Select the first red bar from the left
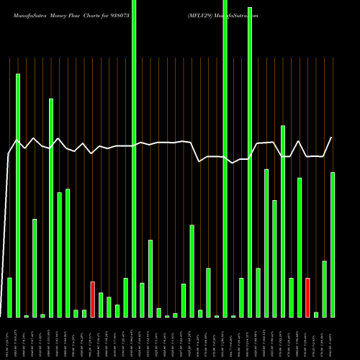coord(92,299)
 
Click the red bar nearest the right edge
coord(307,297)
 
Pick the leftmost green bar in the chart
coord(9,297)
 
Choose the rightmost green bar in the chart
coord(333,245)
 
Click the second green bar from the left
coord(18,194)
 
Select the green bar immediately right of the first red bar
coord(101,305)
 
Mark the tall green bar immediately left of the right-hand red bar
coord(300,247)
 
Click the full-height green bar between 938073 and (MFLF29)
coord(134,158)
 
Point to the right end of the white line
coord(332,138)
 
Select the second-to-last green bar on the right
coord(324,289)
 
